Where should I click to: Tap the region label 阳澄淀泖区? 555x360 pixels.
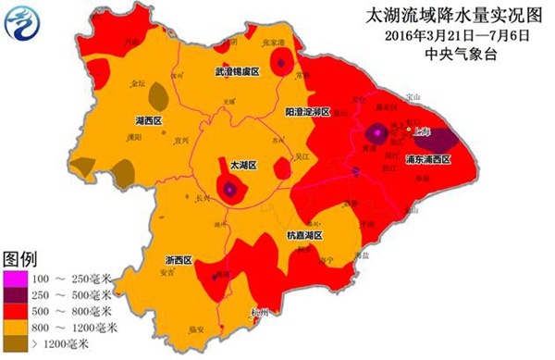point(309,111)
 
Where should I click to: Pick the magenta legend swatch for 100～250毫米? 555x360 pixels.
point(16,279)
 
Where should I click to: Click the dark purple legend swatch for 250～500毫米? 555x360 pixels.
point(16,295)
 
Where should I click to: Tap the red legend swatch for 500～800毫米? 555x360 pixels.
point(16,312)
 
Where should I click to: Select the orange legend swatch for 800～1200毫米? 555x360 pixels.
point(16,329)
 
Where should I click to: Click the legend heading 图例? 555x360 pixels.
point(20,258)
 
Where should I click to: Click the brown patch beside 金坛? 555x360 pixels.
point(158,93)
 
